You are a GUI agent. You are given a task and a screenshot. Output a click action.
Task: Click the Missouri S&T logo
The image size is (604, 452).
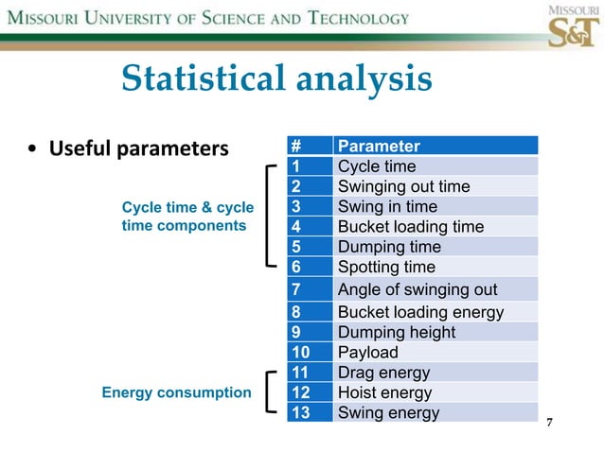click(573, 26)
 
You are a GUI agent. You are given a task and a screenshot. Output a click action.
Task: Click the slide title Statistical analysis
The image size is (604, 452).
click(276, 78)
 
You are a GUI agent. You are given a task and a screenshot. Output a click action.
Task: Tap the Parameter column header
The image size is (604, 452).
click(379, 146)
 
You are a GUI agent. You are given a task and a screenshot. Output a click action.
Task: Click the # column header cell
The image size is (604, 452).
click(297, 146)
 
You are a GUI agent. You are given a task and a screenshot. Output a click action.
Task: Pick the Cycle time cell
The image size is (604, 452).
click(377, 166)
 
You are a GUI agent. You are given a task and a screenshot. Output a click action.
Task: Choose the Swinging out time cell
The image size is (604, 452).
click(403, 186)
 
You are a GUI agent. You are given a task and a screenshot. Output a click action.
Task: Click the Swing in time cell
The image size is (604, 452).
click(387, 206)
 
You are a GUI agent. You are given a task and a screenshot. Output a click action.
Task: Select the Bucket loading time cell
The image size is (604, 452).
click(410, 227)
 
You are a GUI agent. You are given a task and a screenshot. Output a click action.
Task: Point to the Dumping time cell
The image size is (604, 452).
click(389, 247)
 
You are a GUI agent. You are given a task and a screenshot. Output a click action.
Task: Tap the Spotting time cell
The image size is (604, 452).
click(386, 267)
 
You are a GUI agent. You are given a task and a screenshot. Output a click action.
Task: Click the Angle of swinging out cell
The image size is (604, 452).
click(417, 289)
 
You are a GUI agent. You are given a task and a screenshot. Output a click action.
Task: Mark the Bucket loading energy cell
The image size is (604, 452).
click(420, 312)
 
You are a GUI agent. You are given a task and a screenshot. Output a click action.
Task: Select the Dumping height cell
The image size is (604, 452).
click(396, 332)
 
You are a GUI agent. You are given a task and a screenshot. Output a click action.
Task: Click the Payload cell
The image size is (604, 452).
click(367, 353)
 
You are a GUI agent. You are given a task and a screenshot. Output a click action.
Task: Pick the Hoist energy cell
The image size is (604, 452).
click(384, 392)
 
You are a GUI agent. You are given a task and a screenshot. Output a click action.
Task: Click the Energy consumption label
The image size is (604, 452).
click(176, 392)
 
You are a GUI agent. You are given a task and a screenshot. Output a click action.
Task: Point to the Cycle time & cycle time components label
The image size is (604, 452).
click(187, 217)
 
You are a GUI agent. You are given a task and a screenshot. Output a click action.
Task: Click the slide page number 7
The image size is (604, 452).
click(549, 421)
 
